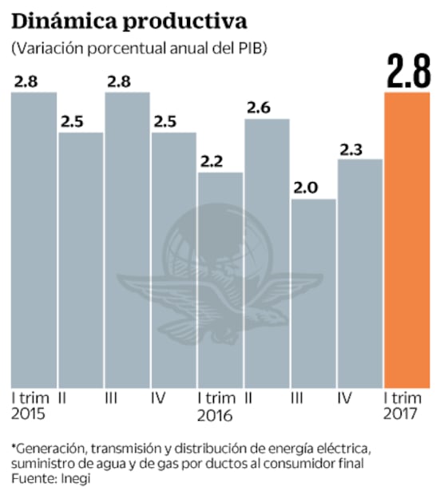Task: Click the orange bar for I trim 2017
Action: click(406, 240)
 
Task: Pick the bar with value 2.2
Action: click(220, 279)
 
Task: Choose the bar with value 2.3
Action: click(359, 271)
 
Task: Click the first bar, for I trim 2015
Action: click(33, 240)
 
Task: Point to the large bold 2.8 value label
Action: click(407, 71)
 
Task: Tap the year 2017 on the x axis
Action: click(401, 415)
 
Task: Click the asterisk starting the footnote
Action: click(14, 446)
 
